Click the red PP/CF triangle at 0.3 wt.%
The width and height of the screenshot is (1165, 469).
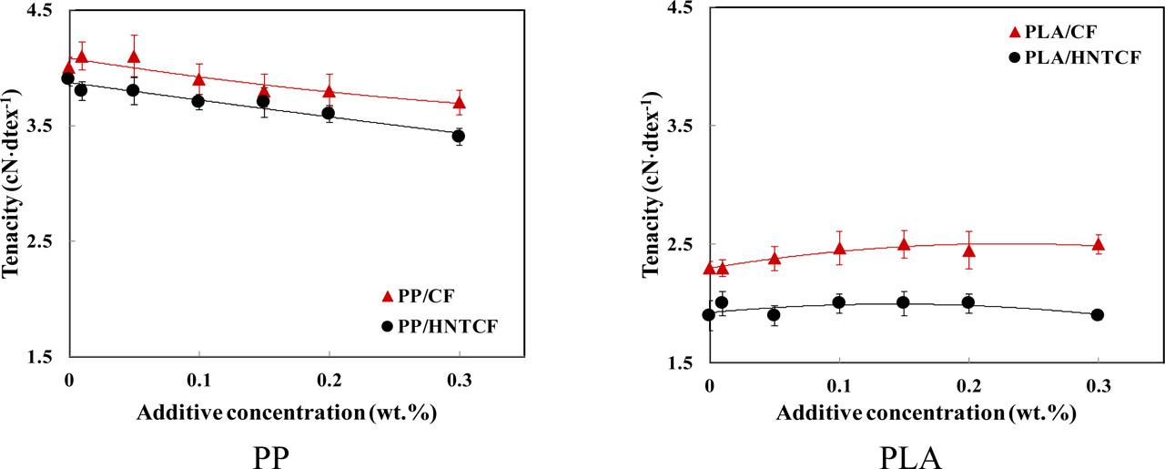pos(459,103)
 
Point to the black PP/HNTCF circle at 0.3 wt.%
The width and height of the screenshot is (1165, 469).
pos(459,137)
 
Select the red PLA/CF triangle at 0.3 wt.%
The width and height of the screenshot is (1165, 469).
pos(1099,244)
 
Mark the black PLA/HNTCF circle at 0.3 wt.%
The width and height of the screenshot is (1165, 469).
pos(1098,315)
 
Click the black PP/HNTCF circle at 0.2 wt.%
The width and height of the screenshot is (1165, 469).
pos(329,113)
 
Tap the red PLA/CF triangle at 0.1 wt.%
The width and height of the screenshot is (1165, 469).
pos(839,249)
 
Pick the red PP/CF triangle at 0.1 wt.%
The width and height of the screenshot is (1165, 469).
pos(198,79)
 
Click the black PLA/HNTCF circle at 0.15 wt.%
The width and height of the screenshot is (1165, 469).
pos(904,303)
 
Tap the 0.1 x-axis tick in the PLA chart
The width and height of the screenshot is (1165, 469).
pos(839,385)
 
